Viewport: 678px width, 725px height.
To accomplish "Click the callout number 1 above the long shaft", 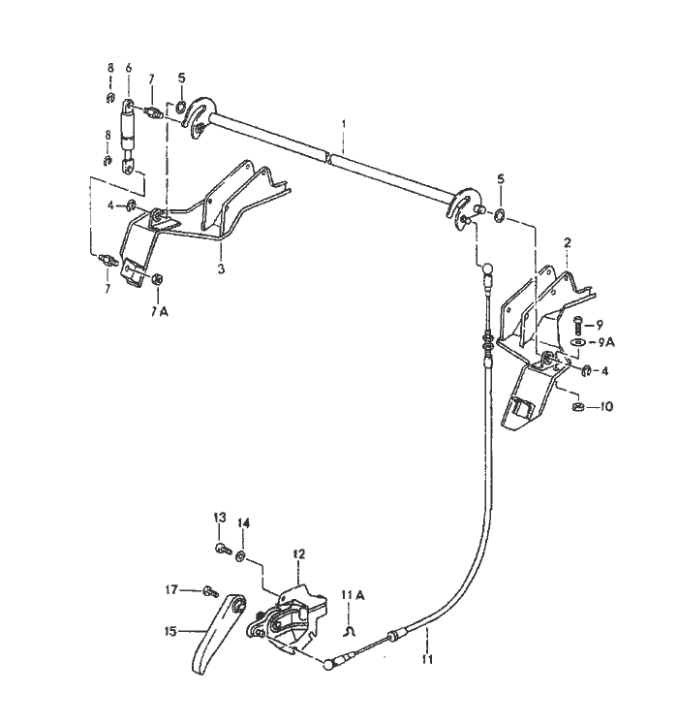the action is coord(344,124).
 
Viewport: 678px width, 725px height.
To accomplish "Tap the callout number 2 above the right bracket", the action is coord(567,242).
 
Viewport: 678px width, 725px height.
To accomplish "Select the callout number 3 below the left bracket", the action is coord(221,268).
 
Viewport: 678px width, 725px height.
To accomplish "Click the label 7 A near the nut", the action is coord(159,312).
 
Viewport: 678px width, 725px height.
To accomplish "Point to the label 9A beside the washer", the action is coord(606,342).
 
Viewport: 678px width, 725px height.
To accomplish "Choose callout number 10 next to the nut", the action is coord(606,407).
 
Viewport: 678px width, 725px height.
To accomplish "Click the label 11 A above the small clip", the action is coord(354,594).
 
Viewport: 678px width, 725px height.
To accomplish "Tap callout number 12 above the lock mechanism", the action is coord(299,553).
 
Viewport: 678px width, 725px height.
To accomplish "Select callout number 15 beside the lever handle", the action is coord(171,631).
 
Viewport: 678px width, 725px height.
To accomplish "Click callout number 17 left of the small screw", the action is coord(171,590).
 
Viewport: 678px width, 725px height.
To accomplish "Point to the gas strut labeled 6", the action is coord(128,137).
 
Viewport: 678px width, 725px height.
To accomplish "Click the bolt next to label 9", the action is coord(577,325).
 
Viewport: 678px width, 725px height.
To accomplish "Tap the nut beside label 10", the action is coord(577,407).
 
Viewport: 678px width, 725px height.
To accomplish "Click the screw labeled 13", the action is coord(224,550).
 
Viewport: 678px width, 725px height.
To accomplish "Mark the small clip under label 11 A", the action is coord(349,632).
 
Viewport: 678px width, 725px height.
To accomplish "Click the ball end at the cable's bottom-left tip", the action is coord(328,665).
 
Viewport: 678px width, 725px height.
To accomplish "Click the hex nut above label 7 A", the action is coord(156,279).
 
